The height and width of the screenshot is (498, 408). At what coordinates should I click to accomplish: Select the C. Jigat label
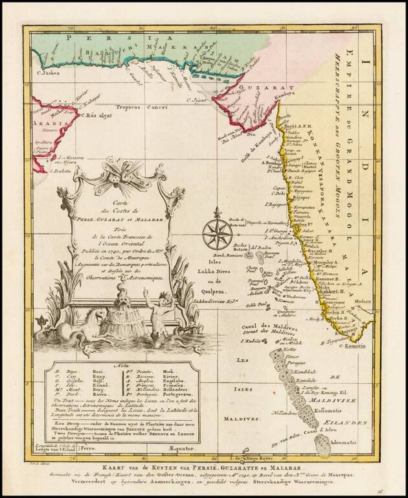(197, 100)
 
